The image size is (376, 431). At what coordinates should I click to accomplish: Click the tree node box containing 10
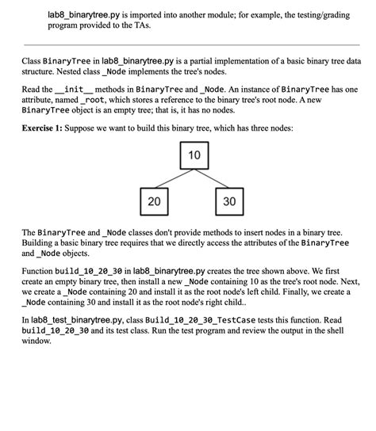tap(194, 155)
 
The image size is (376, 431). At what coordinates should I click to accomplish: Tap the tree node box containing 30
tap(229, 201)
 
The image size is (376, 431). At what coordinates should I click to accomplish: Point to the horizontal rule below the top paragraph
tap(188, 45)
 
